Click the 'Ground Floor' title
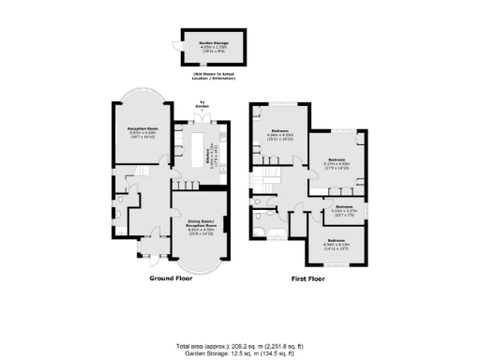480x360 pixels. pos(172,279)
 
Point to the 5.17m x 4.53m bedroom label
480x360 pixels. pos(337,162)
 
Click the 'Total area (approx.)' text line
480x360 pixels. pos(239,345)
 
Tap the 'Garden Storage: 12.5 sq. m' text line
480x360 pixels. pos(239,352)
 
